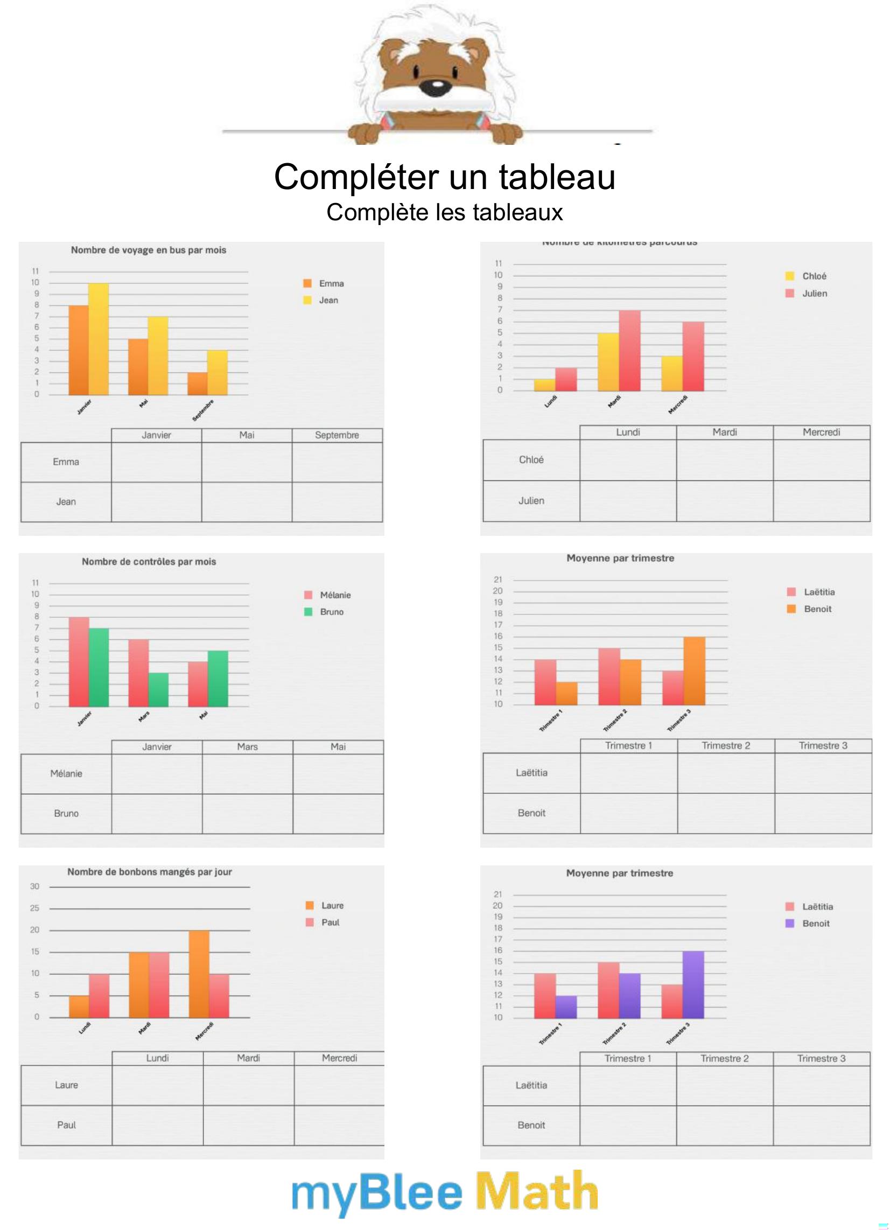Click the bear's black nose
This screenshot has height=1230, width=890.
(435, 86)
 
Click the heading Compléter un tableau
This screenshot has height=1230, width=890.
(444, 177)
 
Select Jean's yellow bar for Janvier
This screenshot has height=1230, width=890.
(99, 339)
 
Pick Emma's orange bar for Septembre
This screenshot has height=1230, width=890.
(198, 383)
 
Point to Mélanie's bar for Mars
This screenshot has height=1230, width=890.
(138, 673)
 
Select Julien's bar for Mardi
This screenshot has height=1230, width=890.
(629, 351)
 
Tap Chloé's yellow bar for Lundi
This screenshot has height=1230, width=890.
(544, 385)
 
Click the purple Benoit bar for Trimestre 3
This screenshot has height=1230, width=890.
(693, 984)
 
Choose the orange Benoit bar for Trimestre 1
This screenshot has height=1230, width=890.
(566, 693)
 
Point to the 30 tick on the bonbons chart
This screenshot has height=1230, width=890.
(34, 886)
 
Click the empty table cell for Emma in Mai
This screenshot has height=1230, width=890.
(246, 462)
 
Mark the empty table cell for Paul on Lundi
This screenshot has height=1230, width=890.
(157, 1125)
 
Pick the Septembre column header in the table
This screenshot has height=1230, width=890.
(337, 435)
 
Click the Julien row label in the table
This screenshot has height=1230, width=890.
(531, 501)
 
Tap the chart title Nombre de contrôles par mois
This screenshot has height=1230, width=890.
(149, 562)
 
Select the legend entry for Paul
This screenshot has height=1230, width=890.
(324, 922)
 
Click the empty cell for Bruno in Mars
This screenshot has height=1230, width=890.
(247, 814)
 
